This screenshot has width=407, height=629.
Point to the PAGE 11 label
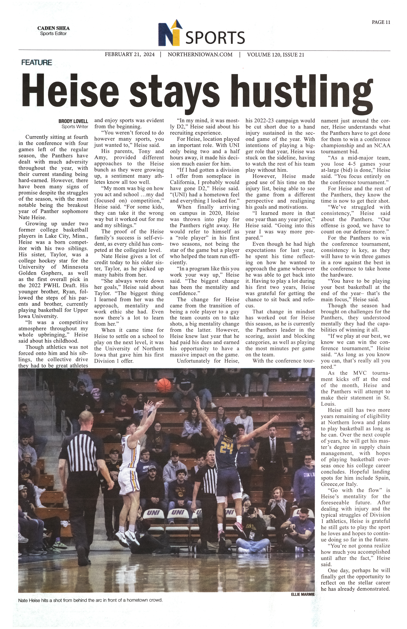pos(381,22)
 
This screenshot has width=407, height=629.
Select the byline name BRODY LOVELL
pos(73,121)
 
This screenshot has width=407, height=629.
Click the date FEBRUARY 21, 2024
pos(130,55)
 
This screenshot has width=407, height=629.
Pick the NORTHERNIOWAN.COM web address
pos(200,55)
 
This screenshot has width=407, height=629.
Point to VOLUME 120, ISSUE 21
pos(275,55)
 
